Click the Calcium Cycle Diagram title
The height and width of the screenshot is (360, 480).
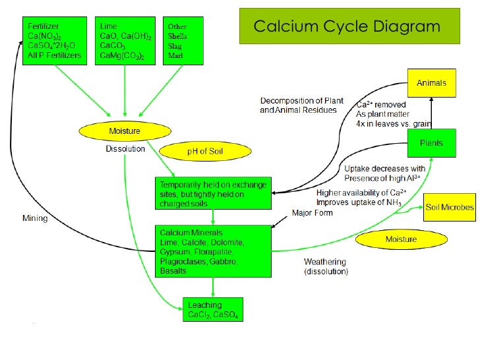coord(347,26)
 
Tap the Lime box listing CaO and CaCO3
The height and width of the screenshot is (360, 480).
coord(125,40)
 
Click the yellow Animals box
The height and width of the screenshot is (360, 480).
coord(431,83)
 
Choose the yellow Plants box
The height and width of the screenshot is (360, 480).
coord(431,143)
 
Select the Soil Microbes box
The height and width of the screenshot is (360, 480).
coord(449,207)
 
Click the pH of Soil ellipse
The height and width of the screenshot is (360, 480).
coord(206,152)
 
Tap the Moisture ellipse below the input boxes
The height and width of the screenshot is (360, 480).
coord(124,131)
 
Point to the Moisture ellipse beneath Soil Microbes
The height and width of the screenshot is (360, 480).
coord(400,239)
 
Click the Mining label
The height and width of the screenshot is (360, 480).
coord(35,218)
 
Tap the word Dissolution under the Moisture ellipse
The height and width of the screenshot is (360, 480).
coord(125,149)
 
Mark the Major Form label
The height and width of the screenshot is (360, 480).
coord(313,213)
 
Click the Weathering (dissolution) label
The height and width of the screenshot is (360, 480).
coord(326,266)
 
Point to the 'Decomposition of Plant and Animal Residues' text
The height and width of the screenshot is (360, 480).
coord(301,105)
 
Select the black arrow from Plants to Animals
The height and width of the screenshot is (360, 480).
coord(431,113)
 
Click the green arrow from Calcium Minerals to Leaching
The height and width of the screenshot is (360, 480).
coord(212,287)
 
